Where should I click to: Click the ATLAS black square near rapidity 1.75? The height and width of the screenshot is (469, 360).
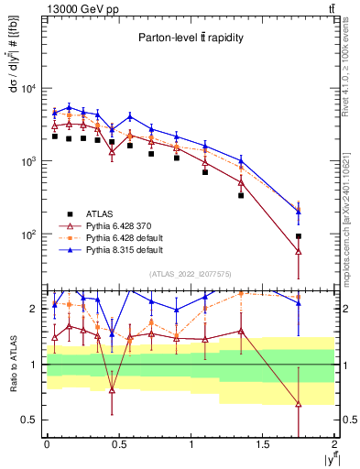tap(299, 236)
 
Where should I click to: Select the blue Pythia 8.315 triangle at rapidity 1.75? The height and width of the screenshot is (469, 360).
tap(299, 212)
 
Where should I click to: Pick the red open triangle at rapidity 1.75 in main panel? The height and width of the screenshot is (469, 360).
tap(299, 251)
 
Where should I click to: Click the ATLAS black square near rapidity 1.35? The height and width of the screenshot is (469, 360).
tap(241, 195)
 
